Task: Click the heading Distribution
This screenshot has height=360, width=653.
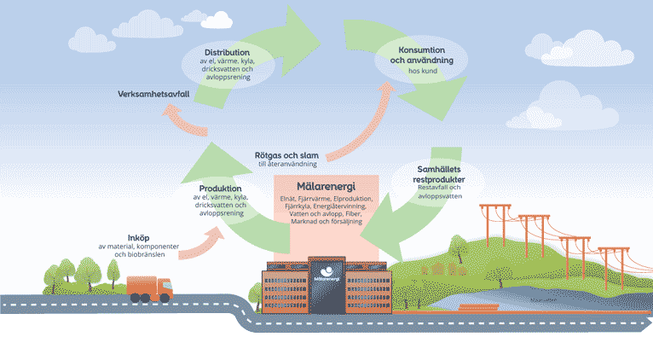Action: tap(228, 52)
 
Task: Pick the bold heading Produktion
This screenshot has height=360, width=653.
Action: tap(220, 188)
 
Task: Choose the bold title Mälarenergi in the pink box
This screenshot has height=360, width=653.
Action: tap(326, 186)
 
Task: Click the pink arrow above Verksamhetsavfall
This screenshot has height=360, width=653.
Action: tap(188, 119)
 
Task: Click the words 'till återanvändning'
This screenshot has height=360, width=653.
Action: tap(287, 164)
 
